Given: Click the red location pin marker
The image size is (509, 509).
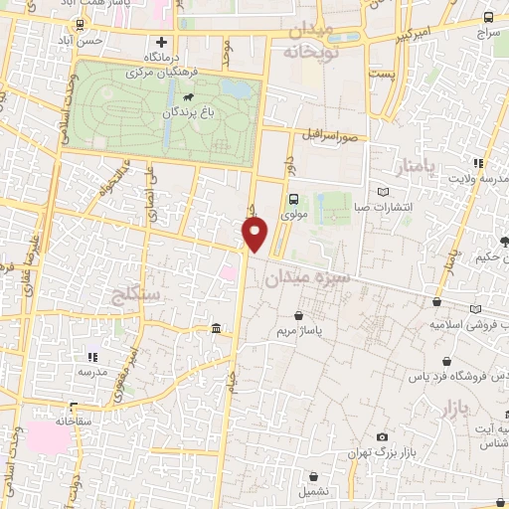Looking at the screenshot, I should (x=255, y=233).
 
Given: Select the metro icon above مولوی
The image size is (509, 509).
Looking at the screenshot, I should (x=293, y=198).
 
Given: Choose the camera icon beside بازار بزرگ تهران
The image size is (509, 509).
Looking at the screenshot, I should (x=383, y=437).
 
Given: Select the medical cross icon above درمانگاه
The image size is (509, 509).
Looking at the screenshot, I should (x=161, y=43).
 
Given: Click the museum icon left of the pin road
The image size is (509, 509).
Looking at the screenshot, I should (x=217, y=329).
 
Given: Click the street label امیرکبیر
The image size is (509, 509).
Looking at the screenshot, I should (x=414, y=38).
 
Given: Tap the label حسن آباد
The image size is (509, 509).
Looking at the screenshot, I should (x=105, y=42).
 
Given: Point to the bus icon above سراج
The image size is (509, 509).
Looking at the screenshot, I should (x=488, y=17).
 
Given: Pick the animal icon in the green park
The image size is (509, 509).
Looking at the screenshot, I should (x=188, y=96).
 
